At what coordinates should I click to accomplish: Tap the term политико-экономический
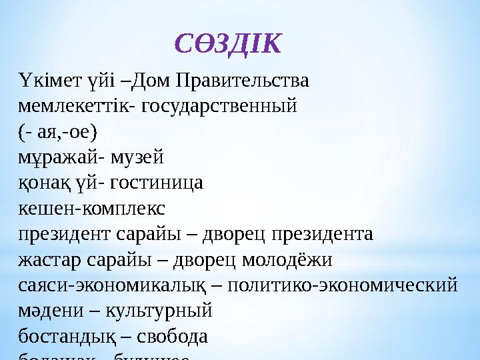click(x=342, y=286)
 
